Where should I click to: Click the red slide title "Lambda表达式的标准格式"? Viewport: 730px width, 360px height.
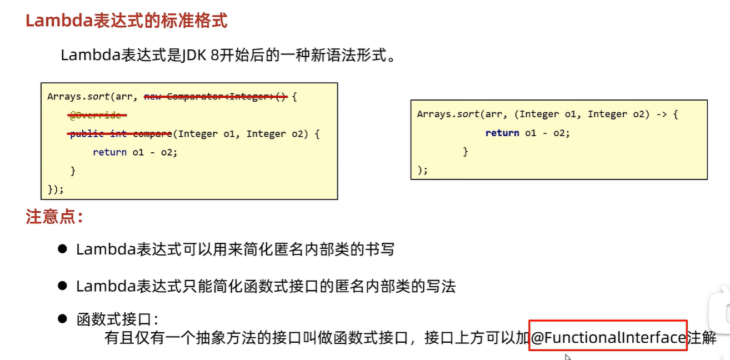coord(127,21)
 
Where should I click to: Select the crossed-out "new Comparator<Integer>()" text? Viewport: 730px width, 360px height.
coord(216,97)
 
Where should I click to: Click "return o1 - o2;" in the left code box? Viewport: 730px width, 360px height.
coord(135,152)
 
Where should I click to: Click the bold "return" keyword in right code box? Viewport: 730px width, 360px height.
coord(502,133)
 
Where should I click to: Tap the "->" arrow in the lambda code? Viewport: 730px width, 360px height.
coord(661,114)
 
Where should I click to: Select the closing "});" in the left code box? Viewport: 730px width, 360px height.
coord(56,189)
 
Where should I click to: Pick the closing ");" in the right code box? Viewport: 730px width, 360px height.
coord(423,169)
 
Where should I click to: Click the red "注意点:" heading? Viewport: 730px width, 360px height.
coord(54,217)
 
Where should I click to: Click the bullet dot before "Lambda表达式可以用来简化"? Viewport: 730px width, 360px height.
coord(62,248)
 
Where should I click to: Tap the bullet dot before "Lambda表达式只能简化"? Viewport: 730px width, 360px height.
coord(62,286)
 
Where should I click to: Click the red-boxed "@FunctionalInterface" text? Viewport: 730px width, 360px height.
coord(608,337)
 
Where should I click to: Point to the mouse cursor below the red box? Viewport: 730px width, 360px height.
coord(567,357)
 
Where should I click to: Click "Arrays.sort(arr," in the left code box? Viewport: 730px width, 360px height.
coord(89,97)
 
